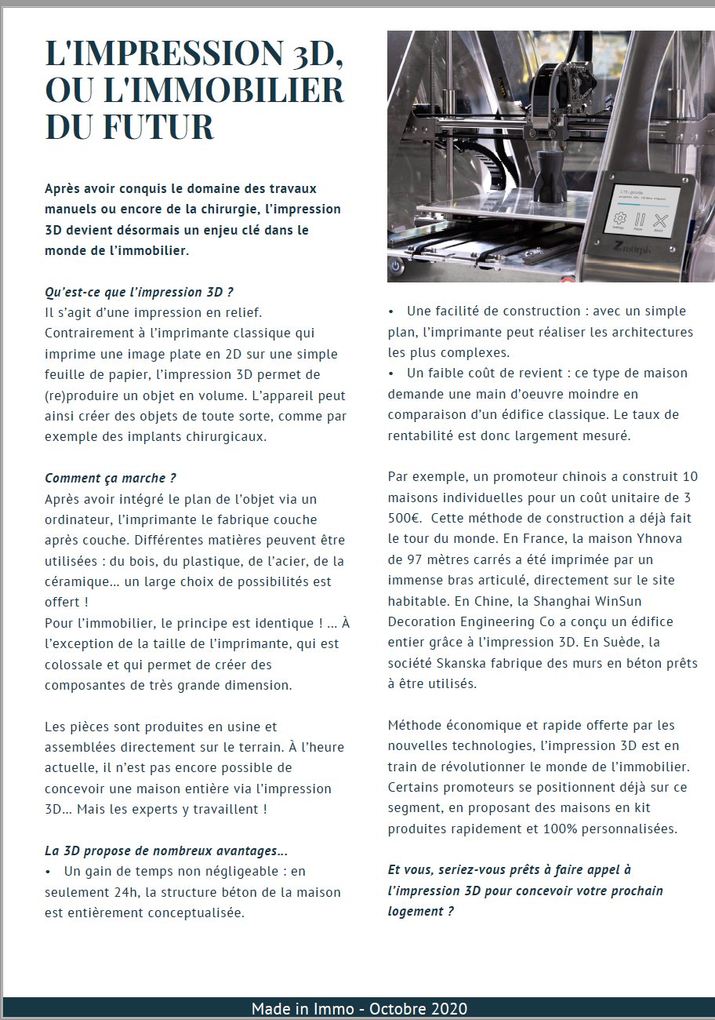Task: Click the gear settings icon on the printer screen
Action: coord(619,220)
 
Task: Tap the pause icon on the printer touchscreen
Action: coord(640,220)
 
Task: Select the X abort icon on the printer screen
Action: coord(661,220)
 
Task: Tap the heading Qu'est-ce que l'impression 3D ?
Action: coord(139,292)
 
